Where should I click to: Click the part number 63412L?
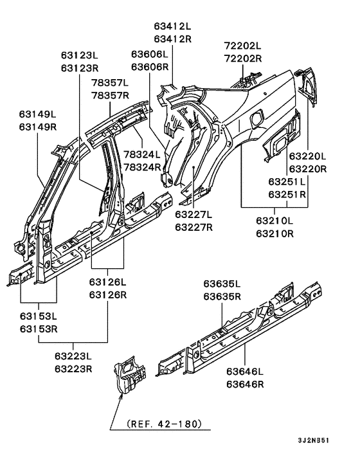(172, 27)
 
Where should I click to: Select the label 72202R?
(242, 59)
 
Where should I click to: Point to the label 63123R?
(80, 68)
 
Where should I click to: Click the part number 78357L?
(109, 84)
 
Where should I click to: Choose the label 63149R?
(37, 127)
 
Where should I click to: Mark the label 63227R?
(194, 226)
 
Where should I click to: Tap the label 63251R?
(287, 194)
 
